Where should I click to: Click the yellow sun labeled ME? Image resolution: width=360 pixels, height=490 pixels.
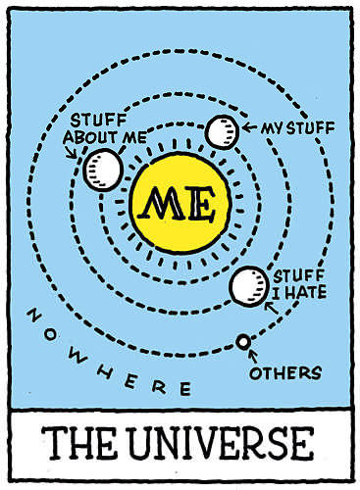[180, 204]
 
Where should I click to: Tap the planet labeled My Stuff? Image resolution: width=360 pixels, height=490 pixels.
[222, 132]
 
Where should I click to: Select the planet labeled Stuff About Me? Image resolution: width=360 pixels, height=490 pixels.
[103, 170]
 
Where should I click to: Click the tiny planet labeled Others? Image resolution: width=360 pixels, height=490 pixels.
[243, 342]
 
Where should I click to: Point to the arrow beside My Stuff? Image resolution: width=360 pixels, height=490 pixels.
[249, 127]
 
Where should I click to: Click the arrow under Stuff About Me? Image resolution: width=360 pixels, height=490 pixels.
[72, 153]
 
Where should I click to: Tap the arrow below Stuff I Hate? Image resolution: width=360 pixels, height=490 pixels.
[271, 308]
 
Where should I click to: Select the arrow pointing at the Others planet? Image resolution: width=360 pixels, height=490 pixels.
[253, 356]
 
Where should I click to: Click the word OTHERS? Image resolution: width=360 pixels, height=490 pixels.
[285, 372]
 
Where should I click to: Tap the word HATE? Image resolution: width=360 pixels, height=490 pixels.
[305, 291]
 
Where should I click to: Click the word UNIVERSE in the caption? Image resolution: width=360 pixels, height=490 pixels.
[221, 444]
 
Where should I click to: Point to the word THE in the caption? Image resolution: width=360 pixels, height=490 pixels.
[79, 443]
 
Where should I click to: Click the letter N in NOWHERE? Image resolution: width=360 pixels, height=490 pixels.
[34, 316]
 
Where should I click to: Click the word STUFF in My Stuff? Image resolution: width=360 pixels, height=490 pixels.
[310, 127]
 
